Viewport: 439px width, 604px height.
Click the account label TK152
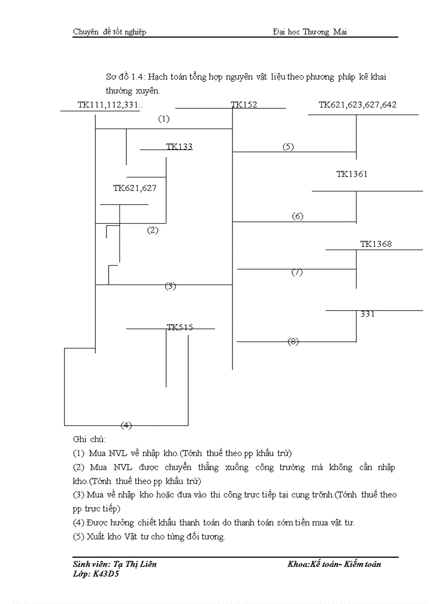[244, 105]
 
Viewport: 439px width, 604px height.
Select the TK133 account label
[179, 147]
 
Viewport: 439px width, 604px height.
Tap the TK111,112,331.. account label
[110, 105]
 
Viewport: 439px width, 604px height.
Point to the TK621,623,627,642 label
[357, 105]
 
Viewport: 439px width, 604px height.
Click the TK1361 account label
[352, 174]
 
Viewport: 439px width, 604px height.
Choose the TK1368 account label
[376, 244]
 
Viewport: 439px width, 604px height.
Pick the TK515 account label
[180, 327]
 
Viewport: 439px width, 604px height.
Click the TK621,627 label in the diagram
[134, 188]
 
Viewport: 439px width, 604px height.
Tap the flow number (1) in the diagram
[164, 119]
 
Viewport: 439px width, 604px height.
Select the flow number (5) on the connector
[288, 147]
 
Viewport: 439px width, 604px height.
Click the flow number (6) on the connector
[298, 217]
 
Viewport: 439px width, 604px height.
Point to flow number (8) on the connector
[293, 342]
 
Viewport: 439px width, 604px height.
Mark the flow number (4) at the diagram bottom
[126, 425]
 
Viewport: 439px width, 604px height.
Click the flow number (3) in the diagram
[171, 286]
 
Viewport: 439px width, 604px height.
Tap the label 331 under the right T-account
[367, 315]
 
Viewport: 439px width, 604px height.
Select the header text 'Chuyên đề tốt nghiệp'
[109, 32]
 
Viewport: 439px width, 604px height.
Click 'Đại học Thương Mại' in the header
[310, 32]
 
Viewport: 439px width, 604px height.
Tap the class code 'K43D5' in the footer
[107, 574]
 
